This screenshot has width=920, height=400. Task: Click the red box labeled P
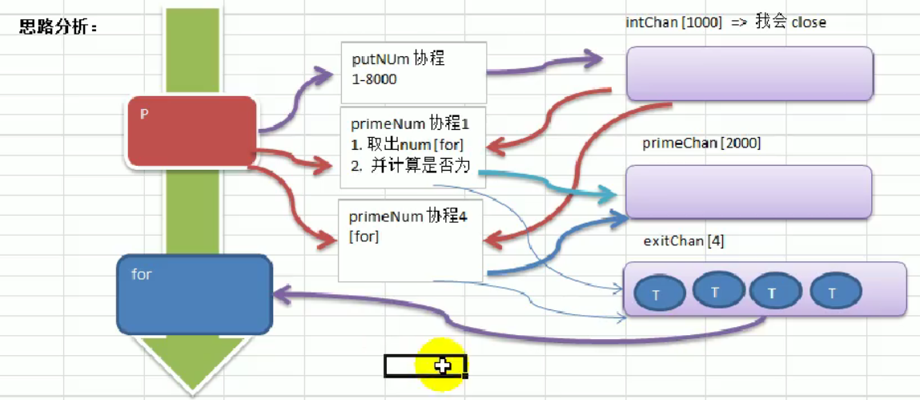[x=192, y=131]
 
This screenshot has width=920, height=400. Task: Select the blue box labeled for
[x=193, y=294]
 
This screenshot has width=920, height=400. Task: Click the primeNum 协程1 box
[x=412, y=145]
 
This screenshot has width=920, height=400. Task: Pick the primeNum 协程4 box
[x=411, y=240]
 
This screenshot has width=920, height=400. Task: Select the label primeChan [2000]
[x=701, y=143]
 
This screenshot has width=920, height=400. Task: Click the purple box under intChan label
[x=749, y=73]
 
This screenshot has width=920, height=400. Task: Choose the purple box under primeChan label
[x=748, y=192]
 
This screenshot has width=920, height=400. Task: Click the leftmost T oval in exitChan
[x=659, y=293]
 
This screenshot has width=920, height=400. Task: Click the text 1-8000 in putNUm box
[x=375, y=79]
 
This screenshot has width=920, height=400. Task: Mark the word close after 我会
[x=809, y=22]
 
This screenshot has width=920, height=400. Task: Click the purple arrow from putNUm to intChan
[x=552, y=67]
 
